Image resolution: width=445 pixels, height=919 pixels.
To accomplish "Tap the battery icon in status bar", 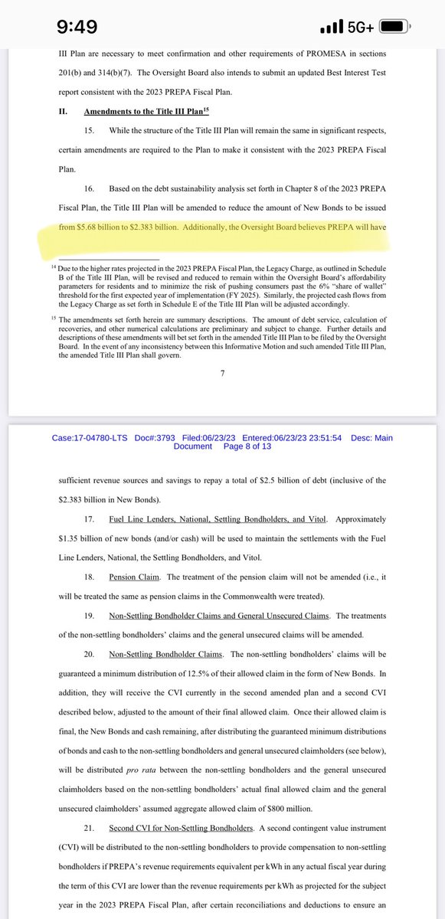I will pyautogui.click(x=394, y=27).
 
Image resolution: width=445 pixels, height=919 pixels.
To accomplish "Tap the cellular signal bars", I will pyautogui.click(x=329, y=28).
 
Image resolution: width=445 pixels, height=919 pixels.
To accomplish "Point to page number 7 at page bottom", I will pyautogui.click(x=222, y=372).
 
